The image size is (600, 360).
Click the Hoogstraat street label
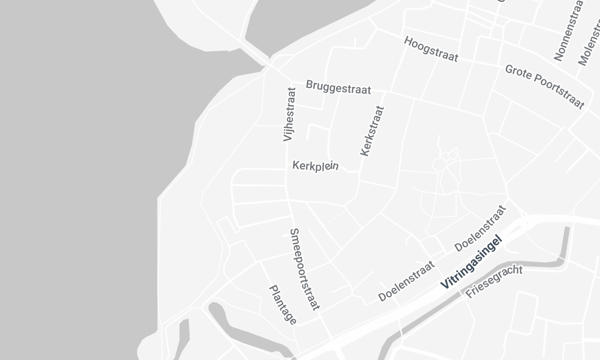point(431,50)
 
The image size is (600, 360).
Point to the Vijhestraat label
point(290,114)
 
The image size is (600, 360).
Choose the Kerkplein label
point(316,166)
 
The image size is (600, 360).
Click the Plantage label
point(283,305)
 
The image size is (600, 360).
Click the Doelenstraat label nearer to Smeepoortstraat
point(408,283)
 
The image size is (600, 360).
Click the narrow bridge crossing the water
point(254,52)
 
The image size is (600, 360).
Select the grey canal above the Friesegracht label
point(545,262)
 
